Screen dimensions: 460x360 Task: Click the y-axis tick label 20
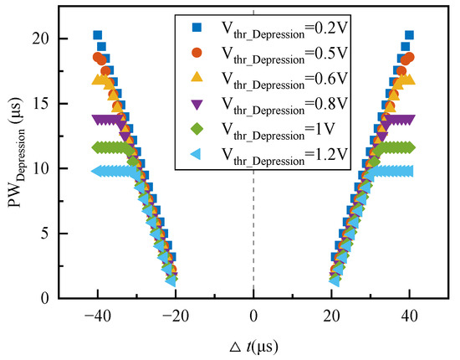40,39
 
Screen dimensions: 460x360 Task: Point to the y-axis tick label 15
40,104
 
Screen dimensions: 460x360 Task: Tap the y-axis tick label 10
40,168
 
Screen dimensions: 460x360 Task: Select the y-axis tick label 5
44,234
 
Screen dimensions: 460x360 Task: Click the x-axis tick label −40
98,316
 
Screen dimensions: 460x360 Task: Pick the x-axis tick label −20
176,316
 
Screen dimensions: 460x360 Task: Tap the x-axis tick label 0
253,316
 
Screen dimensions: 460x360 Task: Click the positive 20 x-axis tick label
331,316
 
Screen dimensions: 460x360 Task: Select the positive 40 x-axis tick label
410,316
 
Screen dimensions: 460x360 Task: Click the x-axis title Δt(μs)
253,347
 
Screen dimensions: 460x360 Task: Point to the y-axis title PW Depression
18,153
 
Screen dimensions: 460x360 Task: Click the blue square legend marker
197,28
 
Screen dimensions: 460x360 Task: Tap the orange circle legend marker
197,53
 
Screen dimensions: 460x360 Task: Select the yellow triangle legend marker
197,77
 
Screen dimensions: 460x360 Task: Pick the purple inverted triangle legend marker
197,105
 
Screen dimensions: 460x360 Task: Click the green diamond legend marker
197,129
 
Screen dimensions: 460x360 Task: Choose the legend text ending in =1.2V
284,156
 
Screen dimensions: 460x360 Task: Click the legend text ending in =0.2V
284,29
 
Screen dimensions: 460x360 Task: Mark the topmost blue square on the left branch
97,35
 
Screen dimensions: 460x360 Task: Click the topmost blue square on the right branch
409,35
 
